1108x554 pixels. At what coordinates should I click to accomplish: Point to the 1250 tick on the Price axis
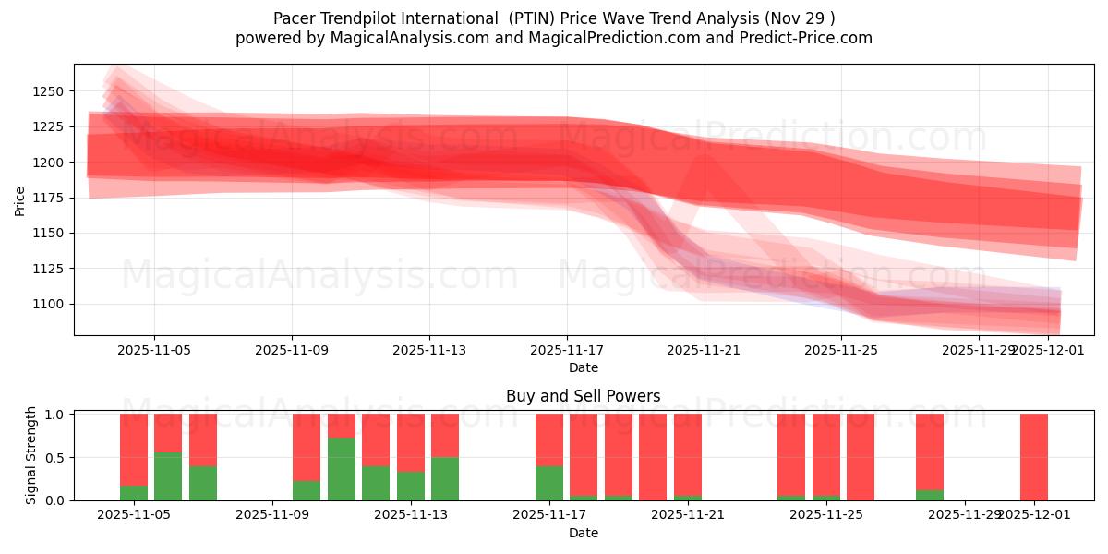48,91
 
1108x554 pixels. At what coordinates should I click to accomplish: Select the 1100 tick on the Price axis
48,304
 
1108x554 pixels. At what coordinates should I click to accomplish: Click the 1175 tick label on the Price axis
48,198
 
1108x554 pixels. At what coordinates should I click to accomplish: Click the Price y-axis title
19,200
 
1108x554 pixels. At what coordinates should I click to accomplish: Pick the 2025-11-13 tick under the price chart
429,351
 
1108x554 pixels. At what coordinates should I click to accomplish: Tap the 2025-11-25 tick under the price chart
842,351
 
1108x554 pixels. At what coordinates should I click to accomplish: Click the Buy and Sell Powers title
583,396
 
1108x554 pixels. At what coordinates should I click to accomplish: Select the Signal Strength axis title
31,454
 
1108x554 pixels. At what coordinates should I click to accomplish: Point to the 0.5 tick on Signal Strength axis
54,458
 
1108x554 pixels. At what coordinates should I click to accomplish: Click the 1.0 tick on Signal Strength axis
54,415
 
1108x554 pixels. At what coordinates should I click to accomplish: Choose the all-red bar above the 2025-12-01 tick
1034,457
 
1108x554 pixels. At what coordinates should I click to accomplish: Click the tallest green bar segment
342,469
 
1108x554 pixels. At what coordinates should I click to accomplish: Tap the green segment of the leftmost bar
134,493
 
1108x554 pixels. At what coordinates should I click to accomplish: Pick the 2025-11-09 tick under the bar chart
273,514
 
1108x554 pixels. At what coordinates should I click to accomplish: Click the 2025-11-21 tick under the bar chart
688,514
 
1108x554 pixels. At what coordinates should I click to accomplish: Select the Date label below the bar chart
583,533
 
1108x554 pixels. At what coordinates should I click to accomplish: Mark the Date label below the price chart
583,367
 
